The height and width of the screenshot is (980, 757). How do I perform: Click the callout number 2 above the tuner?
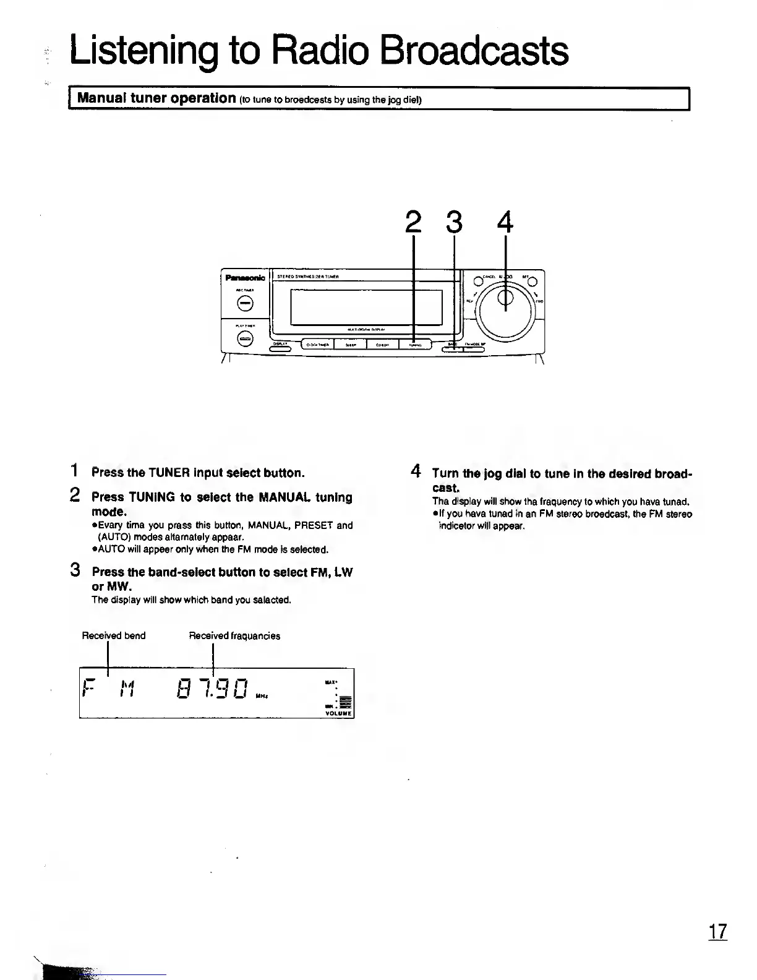coord(413,221)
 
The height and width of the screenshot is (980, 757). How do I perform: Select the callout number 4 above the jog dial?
coord(505,221)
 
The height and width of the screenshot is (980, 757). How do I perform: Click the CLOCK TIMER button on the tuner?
coord(317,345)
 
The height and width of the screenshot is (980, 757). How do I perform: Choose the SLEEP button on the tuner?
coord(350,345)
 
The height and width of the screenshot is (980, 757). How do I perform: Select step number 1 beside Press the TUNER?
coord(75,471)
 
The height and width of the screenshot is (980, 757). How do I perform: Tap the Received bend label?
coord(114,636)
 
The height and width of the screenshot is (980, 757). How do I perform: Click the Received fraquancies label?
coord(234,636)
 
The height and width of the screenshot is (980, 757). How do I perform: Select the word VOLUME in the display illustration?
coord(338,713)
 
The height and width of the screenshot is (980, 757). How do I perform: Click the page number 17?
coord(717,931)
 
